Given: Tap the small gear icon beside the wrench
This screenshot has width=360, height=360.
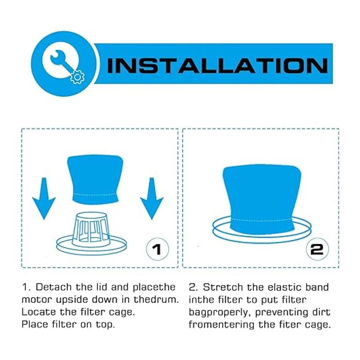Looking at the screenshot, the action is click(x=77, y=77).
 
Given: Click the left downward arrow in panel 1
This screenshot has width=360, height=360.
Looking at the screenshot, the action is click(x=44, y=198).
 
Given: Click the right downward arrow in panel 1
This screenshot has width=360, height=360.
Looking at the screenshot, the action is click(x=152, y=198).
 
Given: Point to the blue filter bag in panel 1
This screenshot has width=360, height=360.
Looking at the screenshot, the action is click(x=95, y=179).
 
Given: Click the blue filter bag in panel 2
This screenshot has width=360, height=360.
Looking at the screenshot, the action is click(x=262, y=198).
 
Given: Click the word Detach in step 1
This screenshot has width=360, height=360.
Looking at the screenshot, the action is click(x=54, y=287).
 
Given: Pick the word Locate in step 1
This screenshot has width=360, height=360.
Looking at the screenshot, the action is click(x=39, y=312).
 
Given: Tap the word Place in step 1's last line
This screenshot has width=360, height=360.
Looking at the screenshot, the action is click(x=35, y=324).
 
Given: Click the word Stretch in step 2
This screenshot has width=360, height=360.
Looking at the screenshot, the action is click(x=223, y=287).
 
